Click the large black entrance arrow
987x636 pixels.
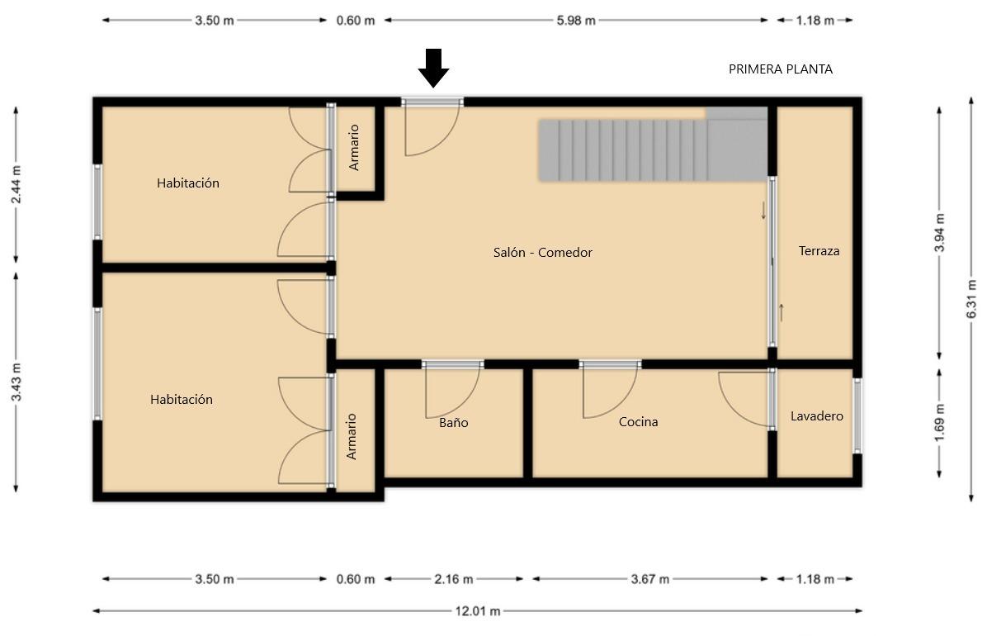[434, 68]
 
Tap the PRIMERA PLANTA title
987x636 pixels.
[781, 69]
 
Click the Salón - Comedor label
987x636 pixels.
[542, 253]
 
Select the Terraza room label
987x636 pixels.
[819, 251]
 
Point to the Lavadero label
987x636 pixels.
[816, 416]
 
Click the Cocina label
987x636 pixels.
[638, 422]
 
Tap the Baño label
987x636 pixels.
[453, 422]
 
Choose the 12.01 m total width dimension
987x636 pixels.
[478, 610]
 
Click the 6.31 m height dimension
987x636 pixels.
[972, 299]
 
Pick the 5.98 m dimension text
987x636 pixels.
[576, 20]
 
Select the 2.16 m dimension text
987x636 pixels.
[453, 579]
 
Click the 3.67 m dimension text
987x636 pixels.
[650, 579]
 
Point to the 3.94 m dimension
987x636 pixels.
[939, 233]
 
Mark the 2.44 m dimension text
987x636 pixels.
[16, 185]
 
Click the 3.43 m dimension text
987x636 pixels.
[16, 382]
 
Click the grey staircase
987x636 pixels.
[653, 145]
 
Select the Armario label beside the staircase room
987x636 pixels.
[354, 148]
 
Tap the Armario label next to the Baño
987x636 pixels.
[352, 436]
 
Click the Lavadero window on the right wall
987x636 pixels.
[857, 416]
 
